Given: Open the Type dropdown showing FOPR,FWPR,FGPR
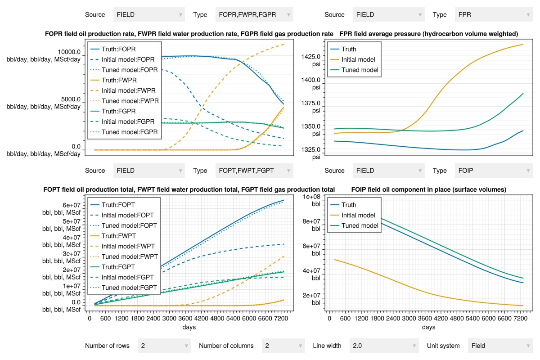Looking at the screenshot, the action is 254,15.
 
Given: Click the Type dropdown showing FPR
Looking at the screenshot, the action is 494,15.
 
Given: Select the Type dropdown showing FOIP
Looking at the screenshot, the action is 494,171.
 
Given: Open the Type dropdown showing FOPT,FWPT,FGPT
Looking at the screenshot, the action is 254,171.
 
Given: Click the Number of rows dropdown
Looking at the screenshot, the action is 164,346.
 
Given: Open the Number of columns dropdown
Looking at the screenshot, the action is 283,346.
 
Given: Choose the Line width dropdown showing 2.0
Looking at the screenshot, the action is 384,346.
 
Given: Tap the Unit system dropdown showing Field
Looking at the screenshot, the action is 500,346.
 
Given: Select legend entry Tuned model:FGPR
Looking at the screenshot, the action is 124,132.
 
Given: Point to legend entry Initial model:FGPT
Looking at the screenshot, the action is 122,277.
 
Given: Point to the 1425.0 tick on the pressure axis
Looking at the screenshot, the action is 311,57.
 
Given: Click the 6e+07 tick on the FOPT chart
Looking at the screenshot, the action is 72,205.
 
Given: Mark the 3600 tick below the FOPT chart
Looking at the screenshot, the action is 185,318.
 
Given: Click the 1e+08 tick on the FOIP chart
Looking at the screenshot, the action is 311,197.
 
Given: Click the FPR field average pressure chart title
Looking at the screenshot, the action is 428,34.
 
